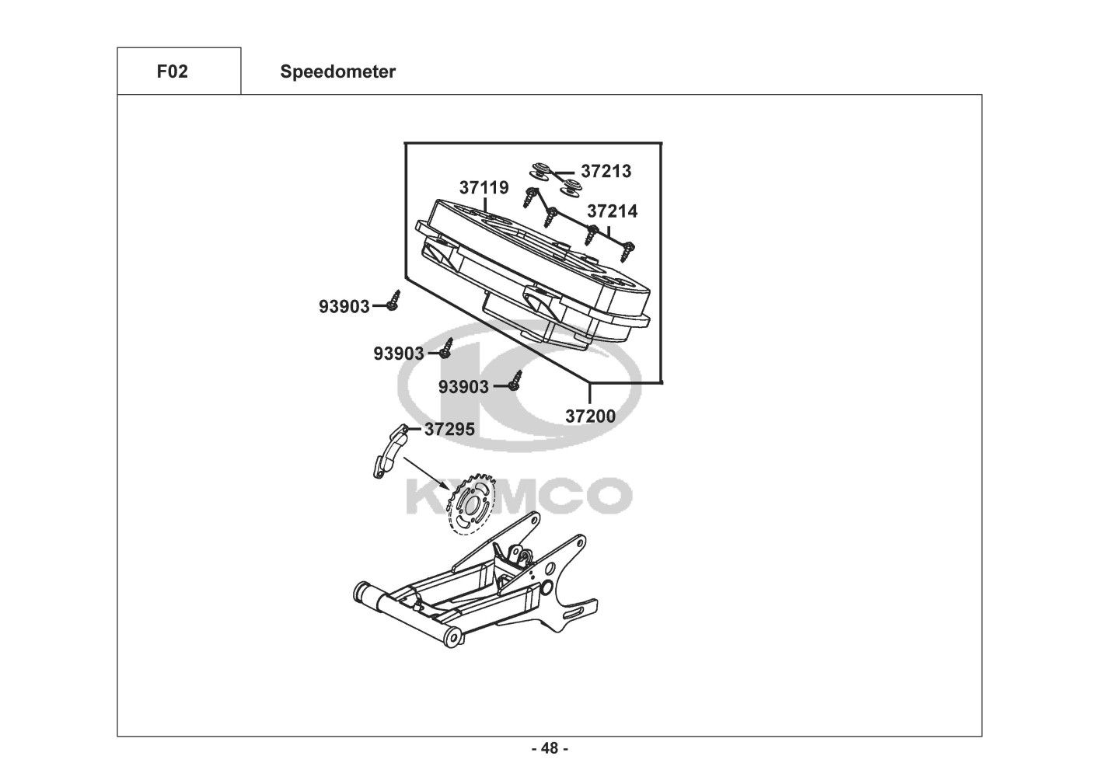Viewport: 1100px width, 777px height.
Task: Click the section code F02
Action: (172, 72)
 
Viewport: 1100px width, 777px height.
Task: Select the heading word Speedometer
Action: (338, 72)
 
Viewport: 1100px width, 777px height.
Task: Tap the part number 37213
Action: (606, 171)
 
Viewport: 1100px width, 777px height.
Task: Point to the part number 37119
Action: (484, 188)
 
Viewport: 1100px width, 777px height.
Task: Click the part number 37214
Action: (612, 211)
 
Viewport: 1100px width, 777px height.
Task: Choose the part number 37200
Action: (590, 416)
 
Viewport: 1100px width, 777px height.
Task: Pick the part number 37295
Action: (449, 429)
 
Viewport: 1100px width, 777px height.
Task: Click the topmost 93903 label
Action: (344, 307)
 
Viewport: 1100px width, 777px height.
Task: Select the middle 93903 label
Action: (399, 354)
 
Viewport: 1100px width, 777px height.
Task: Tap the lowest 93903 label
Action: (464, 387)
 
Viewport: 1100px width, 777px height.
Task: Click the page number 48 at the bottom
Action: (550, 749)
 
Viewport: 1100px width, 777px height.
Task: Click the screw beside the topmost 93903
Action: (394, 301)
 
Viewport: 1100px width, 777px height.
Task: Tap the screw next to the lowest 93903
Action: (515, 381)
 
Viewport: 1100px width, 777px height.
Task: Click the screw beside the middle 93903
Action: (447, 348)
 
